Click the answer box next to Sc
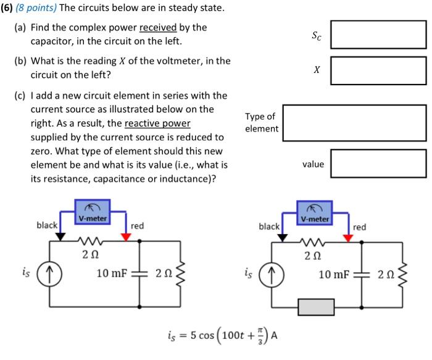pos(378,35)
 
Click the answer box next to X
pos(378,70)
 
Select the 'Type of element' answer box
pos(354,123)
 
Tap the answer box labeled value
pos(378,164)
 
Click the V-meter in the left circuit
pos(93,211)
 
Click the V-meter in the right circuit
pos(315,211)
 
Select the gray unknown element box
pos(315,307)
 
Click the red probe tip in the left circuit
pos(126,237)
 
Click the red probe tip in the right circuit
pos(348,238)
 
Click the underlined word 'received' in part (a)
pos(158,28)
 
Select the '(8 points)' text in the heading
pos(37,10)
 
